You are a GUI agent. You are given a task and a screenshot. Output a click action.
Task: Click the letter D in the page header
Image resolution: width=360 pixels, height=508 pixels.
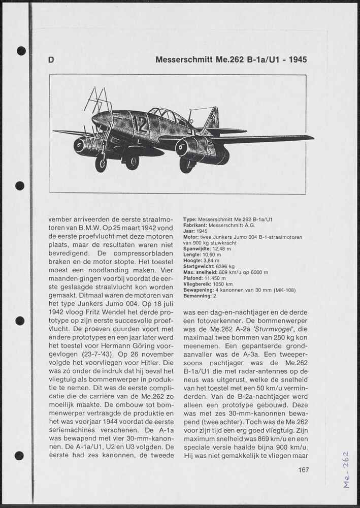point(51,60)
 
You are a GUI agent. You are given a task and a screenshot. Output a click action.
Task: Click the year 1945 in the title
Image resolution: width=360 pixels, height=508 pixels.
point(297,60)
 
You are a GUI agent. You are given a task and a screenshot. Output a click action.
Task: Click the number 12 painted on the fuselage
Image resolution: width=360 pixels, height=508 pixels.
point(140,124)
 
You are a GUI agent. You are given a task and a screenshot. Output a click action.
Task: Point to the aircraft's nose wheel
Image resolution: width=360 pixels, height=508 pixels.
point(101,164)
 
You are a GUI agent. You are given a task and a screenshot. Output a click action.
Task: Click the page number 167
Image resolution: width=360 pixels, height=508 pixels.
point(303,470)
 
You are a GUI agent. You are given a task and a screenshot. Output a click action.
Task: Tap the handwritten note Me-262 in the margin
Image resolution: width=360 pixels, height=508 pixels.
point(346,469)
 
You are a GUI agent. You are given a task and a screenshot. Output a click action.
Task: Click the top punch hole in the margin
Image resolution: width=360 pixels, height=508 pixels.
point(21,51)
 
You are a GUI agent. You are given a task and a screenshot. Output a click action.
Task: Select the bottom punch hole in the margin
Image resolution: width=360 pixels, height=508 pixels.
point(19,456)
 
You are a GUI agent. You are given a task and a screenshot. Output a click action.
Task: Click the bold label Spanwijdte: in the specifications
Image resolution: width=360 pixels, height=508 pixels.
point(197,249)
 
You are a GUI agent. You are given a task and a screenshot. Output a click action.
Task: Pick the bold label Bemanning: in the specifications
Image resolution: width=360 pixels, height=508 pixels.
point(197,296)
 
